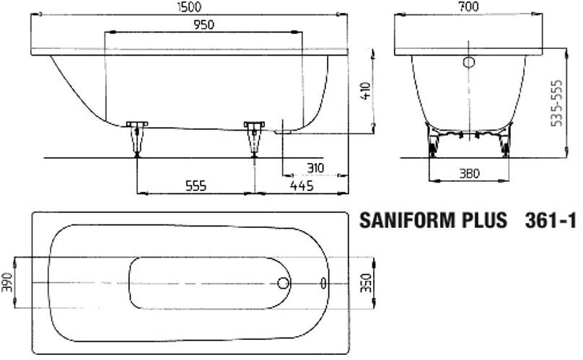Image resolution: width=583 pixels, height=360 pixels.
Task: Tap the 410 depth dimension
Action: [x=367, y=90]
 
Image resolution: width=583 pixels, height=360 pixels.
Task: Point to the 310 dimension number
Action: [x=314, y=168]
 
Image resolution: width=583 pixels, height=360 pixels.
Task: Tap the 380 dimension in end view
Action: [x=470, y=173]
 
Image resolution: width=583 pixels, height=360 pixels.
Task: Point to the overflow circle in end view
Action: [x=470, y=62]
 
